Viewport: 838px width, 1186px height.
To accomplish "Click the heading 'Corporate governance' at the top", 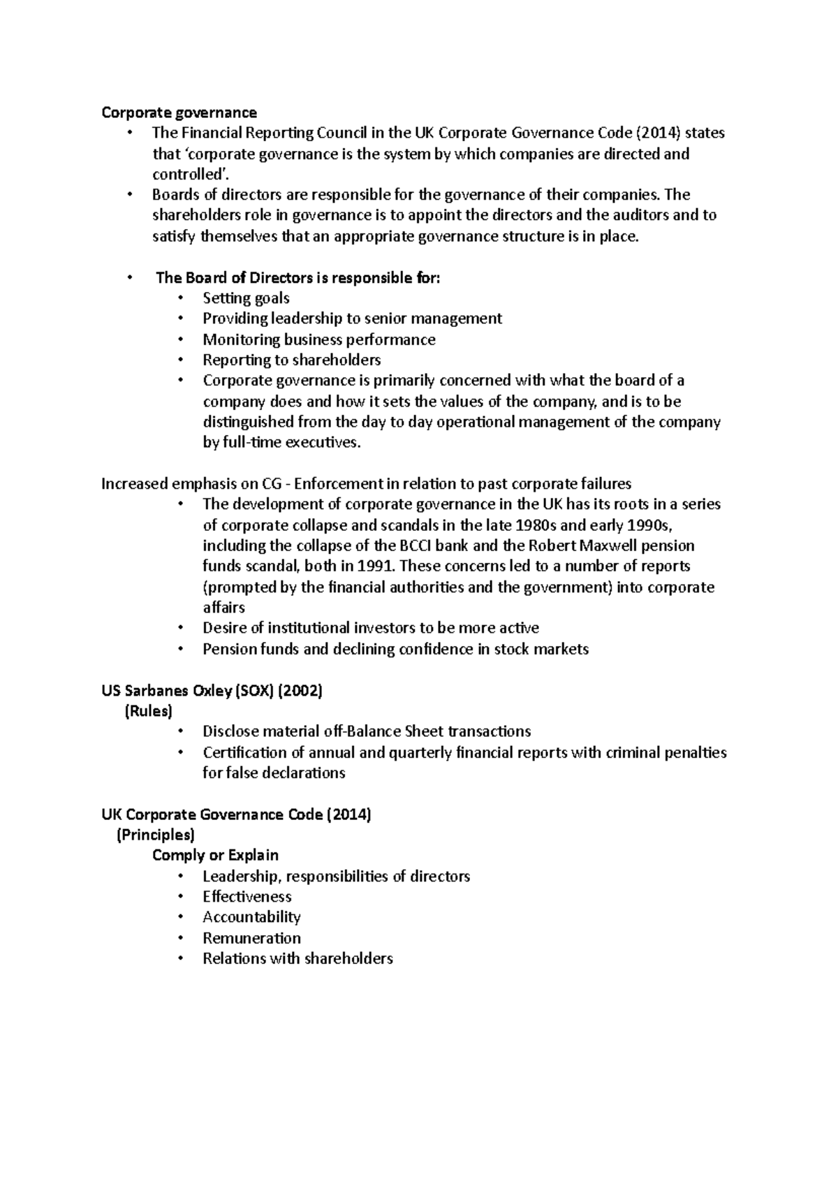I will pos(179,112).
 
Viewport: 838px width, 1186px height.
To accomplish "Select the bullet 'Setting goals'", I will pos(246,298).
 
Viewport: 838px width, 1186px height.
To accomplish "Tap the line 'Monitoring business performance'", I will pos(318,340).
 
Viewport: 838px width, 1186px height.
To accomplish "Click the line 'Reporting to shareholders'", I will pos(291,360).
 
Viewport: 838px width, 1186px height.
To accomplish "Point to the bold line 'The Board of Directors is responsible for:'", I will pos(298,278).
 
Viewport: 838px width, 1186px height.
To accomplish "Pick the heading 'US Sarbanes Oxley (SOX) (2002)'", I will pos(212,691).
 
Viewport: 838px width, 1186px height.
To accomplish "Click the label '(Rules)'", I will pos(148,711).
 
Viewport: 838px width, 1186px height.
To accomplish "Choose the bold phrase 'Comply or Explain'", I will pos(215,856).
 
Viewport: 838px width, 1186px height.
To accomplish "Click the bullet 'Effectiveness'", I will pos(247,897).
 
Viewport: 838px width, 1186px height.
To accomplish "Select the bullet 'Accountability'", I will pos(251,917).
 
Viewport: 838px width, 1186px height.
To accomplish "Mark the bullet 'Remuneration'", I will pos(251,938).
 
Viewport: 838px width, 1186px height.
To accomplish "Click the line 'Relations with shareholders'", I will pos(297,959).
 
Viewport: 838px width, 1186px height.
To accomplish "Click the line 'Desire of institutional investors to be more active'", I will pos(370,628).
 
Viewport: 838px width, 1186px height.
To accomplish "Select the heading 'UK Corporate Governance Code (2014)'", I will pos(236,814).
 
